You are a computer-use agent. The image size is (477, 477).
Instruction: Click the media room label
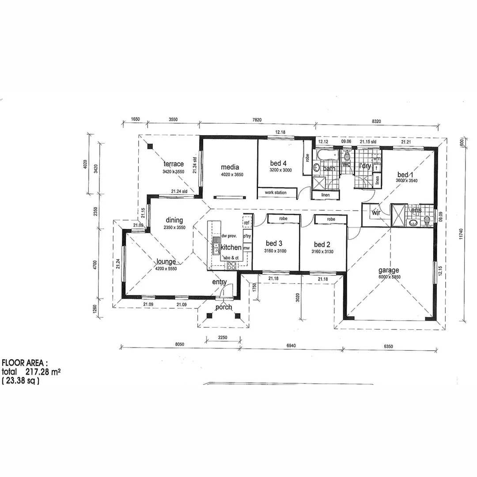[x=230, y=167]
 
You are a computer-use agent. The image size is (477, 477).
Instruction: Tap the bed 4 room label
[x=279, y=163]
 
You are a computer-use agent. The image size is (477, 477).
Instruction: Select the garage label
[x=389, y=270]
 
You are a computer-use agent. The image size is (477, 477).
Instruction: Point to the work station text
[x=276, y=193]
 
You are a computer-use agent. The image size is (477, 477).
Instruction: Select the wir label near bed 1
[x=376, y=212]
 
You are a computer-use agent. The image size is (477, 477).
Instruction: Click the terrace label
[x=173, y=164]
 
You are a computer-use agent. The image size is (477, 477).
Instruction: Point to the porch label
[x=224, y=307]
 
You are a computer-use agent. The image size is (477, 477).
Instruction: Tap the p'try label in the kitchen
[x=247, y=236]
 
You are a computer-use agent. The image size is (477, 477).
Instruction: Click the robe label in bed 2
[x=331, y=219]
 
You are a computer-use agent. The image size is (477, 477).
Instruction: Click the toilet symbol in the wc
[x=347, y=157]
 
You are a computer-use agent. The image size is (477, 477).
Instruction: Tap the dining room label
[x=174, y=220]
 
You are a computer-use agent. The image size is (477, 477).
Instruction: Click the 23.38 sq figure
[x=21, y=380]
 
